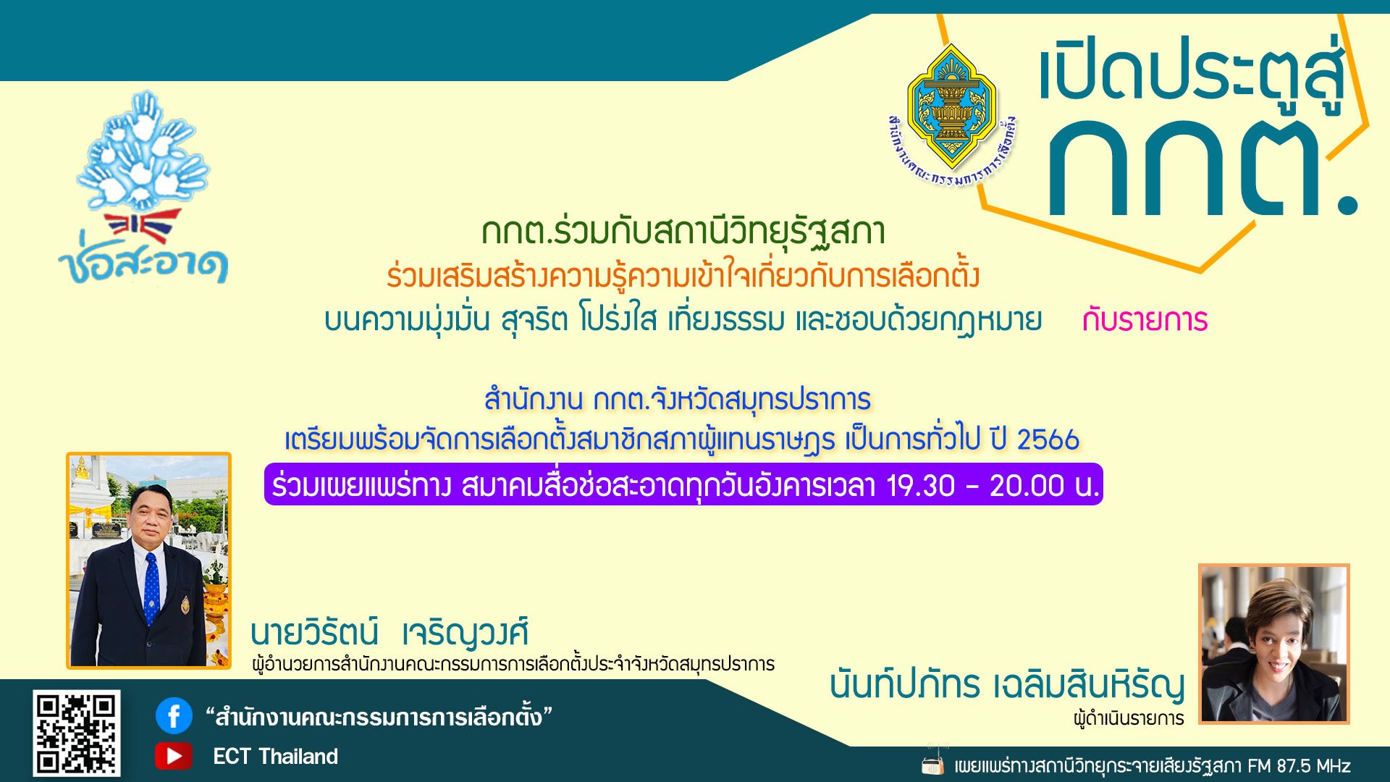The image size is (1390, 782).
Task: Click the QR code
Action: pyautogui.click(x=77, y=733)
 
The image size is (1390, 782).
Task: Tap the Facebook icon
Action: pyautogui.click(x=174, y=716)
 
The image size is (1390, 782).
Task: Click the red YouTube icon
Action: pyautogui.click(x=174, y=756)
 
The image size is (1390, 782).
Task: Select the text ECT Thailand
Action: pyautogui.click(x=275, y=757)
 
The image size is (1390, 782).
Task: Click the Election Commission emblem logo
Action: pyautogui.click(x=952, y=116)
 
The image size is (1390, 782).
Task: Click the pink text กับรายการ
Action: pyautogui.click(x=1145, y=320)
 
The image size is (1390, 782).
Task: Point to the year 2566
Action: pyautogui.click(x=1048, y=440)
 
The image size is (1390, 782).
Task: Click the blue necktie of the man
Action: pyautogui.click(x=151, y=587)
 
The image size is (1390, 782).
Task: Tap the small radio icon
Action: pyautogui.click(x=932, y=763)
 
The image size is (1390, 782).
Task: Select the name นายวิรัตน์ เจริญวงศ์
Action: pyautogui.click(x=389, y=632)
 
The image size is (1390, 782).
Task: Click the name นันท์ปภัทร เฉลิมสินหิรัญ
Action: pyautogui.click(x=1007, y=685)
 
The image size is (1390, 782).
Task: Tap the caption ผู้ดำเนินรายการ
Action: pyautogui.click(x=1129, y=718)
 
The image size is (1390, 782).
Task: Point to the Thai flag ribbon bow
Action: pyautogui.click(x=142, y=227)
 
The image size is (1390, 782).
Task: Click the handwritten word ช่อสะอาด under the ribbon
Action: pyautogui.click(x=143, y=264)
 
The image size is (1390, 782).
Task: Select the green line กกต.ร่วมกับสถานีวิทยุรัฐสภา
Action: pyautogui.click(x=683, y=232)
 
